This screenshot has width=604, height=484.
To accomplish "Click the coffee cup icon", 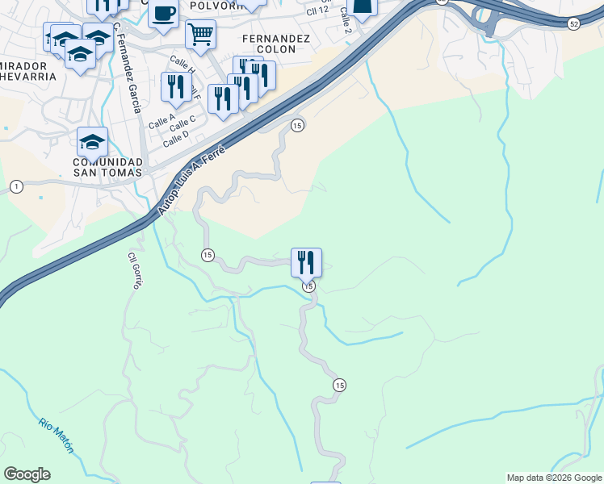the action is [163, 14].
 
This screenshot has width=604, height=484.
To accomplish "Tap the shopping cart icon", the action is [199, 34].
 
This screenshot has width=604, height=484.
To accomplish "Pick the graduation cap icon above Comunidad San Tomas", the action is [92, 142].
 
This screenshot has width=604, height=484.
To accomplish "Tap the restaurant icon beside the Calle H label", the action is [175, 86].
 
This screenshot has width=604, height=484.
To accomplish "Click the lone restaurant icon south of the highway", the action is [306, 261].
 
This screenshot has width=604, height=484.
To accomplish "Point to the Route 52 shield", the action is [573, 24].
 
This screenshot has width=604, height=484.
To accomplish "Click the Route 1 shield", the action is [16, 187].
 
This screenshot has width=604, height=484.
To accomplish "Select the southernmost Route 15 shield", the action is [339, 386].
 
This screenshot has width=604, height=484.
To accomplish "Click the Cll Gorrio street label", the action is [134, 271].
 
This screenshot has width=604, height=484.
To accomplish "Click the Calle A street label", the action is [161, 121].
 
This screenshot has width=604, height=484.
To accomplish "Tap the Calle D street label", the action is [175, 139].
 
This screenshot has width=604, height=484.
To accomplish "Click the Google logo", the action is [27, 474].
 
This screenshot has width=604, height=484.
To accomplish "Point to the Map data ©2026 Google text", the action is [554, 478].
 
